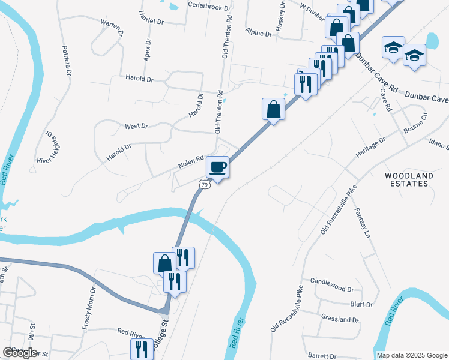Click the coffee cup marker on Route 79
pos(217,167)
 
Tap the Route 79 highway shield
pos(205,185)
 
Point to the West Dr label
pos(136,126)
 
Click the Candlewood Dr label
pos(333,281)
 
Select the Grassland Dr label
pos(340,320)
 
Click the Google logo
pos(20,353)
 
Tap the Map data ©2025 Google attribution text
pos(411,355)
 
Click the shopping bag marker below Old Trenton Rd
pos(273,110)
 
